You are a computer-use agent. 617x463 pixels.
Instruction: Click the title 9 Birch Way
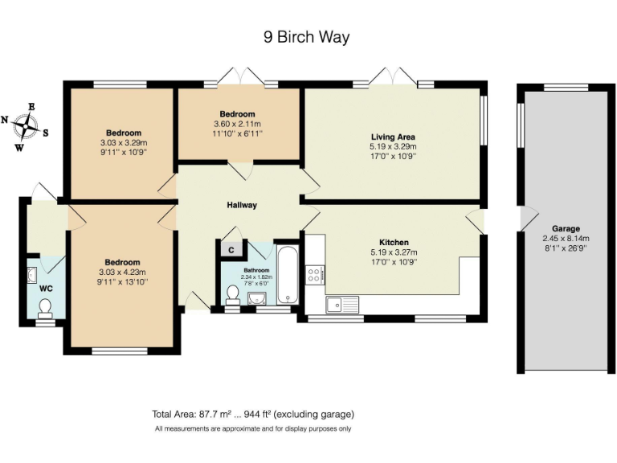point(307,37)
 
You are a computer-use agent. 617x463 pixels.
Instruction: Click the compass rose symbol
point(29,126)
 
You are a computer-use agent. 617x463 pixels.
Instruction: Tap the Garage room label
point(565,228)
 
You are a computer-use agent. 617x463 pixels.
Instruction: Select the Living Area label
point(393,137)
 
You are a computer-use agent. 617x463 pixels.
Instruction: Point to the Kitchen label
point(394,242)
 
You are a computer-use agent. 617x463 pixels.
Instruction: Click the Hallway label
point(241,205)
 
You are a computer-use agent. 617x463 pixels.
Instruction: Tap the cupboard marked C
point(231,250)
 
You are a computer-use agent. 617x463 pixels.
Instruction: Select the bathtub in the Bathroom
point(287,275)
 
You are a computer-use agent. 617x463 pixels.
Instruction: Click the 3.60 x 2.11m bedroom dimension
point(238,124)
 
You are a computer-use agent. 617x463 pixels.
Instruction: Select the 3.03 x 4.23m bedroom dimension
point(122,272)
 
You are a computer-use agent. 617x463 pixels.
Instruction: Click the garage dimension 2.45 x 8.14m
point(565,239)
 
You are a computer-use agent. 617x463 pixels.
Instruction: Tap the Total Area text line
point(252,415)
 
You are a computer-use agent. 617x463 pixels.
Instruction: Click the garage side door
point(527,218)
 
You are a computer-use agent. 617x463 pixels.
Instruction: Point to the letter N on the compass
point(5,120)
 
